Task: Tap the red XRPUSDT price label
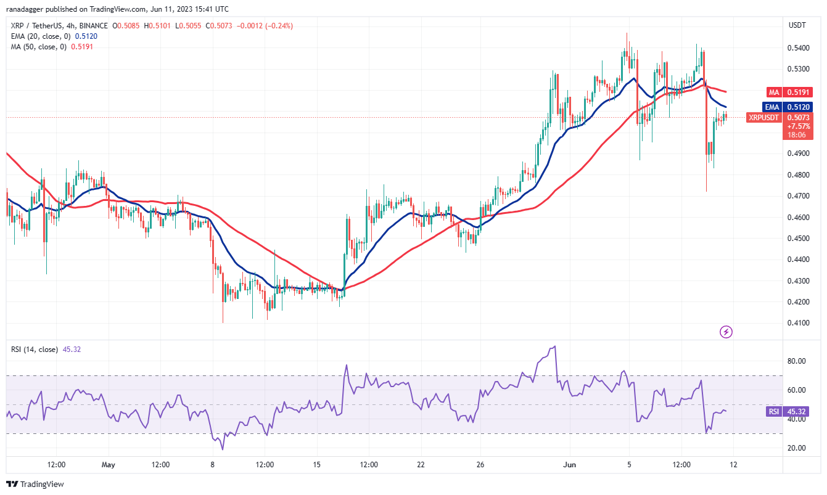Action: [x=763, y=117]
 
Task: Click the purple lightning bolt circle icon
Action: [x=726, y=332]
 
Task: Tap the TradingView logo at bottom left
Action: [x=35, y=485]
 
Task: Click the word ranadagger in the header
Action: [x=25, y=9]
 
